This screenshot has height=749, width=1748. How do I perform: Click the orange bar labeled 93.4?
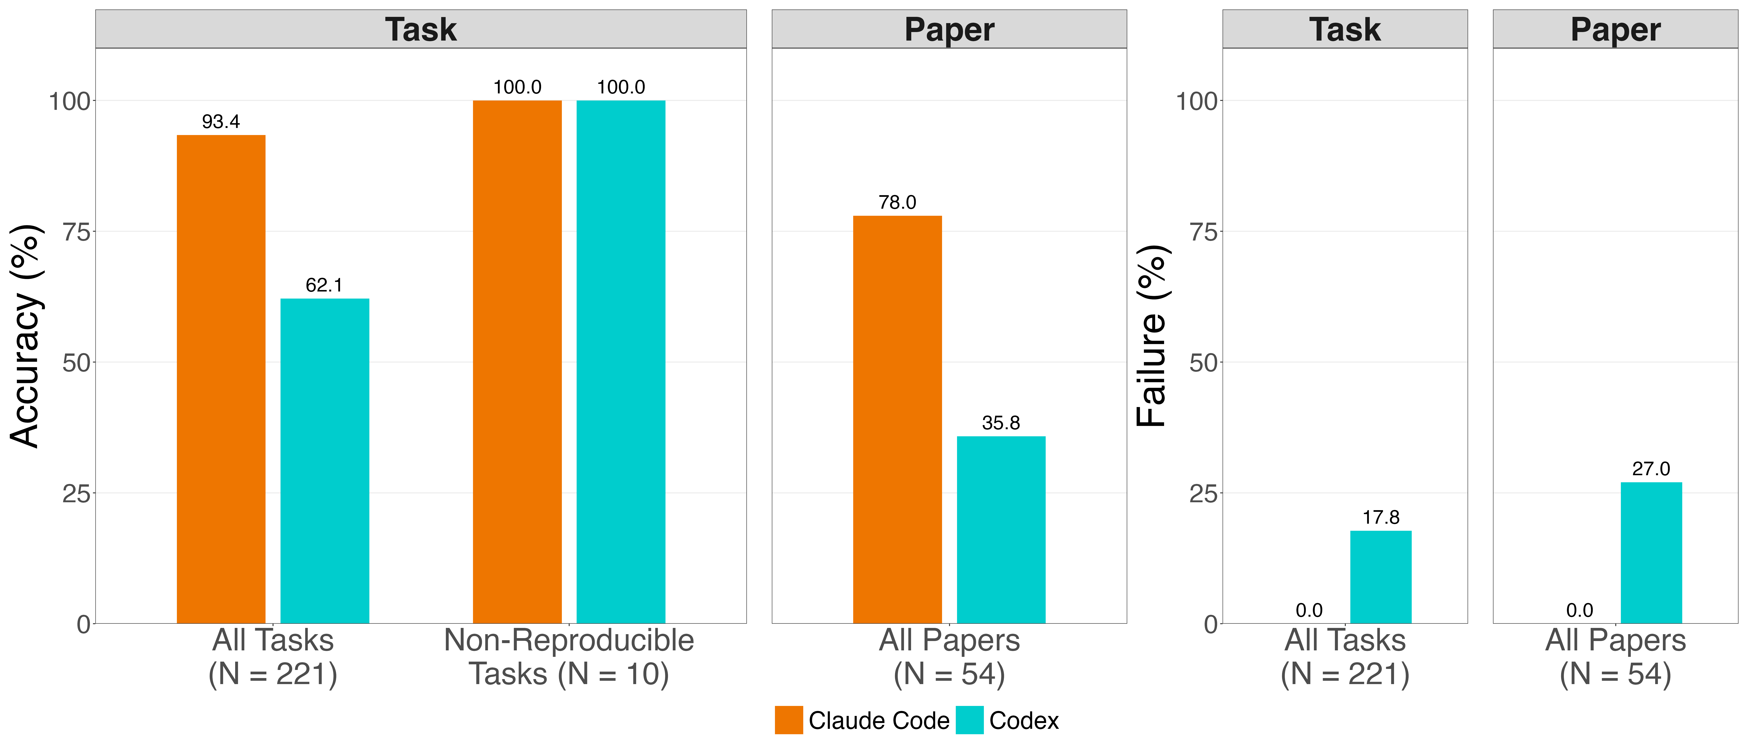tap(221, 379)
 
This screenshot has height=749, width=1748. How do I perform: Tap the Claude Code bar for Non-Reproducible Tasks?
tap(517, 362)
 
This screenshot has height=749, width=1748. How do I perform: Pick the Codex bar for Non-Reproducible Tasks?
tap(621, 362)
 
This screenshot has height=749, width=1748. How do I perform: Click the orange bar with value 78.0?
tap(897, 419)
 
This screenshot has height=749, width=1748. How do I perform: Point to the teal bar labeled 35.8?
tap(1001, 530)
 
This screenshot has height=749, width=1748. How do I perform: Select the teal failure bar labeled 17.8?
tap(1381, 577)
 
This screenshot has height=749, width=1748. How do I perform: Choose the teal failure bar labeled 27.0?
tap(1652, 553)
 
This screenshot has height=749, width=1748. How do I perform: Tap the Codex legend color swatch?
tap(970, 720)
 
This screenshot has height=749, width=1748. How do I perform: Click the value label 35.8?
tap(1001, 423)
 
